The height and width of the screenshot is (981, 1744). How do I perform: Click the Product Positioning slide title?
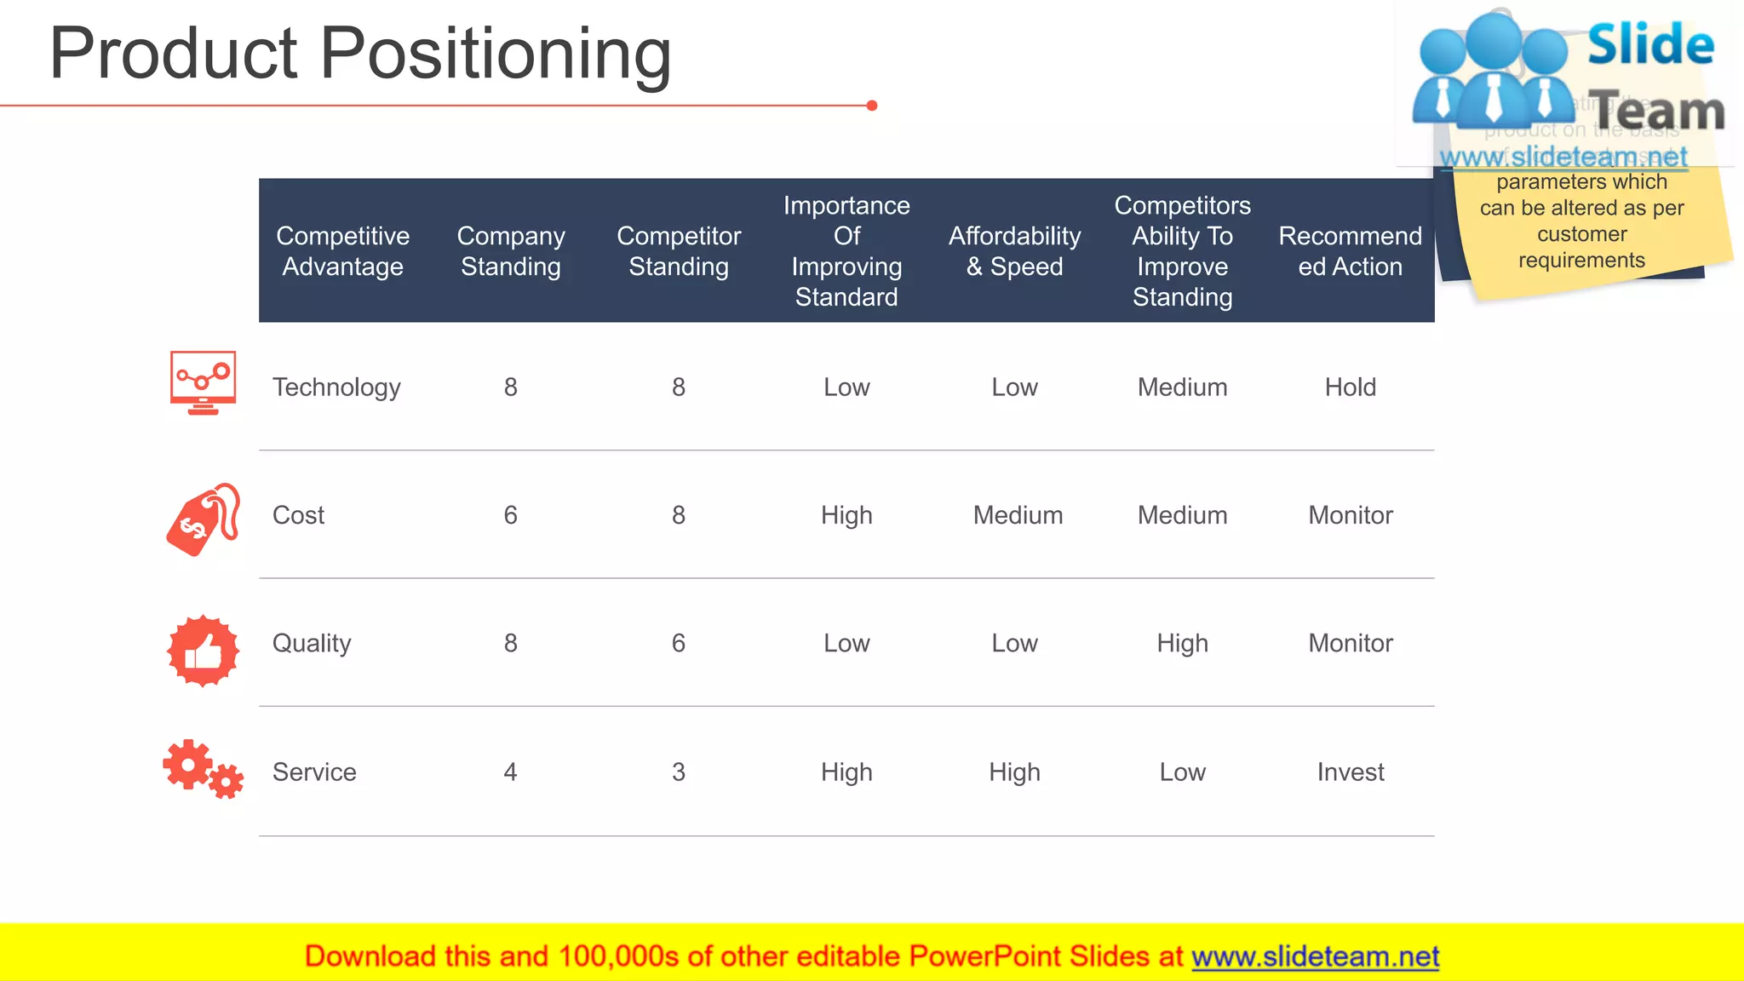(360, 54)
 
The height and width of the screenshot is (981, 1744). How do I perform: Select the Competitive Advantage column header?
(342, 251)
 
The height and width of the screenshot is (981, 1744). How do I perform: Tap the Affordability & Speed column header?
(1014, 251)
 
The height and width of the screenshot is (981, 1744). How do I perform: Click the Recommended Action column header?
(1350, 251)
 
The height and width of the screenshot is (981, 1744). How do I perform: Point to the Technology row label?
(336, 387)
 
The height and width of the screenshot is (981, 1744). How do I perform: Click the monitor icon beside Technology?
(203, 382)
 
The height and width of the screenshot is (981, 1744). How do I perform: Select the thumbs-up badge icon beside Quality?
(203, 651)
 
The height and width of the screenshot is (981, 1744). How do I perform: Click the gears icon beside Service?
(203, 768)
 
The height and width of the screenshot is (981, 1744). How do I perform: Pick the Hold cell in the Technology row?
(1350, 387)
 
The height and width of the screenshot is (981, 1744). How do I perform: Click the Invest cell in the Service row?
(1350, 772)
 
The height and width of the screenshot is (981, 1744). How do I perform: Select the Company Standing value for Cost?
(510, 515)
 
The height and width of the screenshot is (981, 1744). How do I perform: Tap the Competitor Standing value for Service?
(678, 772)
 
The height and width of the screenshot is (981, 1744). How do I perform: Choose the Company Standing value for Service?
(510, 772)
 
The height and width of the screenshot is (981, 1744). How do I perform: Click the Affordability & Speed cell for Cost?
(1018, 515)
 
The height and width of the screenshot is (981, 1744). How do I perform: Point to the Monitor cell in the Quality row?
(1350, 643)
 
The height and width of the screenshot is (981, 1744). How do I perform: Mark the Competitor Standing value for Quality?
(678, 643)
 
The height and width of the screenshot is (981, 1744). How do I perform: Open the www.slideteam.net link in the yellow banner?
(1315, 956)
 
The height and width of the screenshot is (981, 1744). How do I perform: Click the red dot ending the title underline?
(872, 106)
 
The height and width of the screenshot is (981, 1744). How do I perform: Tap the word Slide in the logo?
(1650, 44)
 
